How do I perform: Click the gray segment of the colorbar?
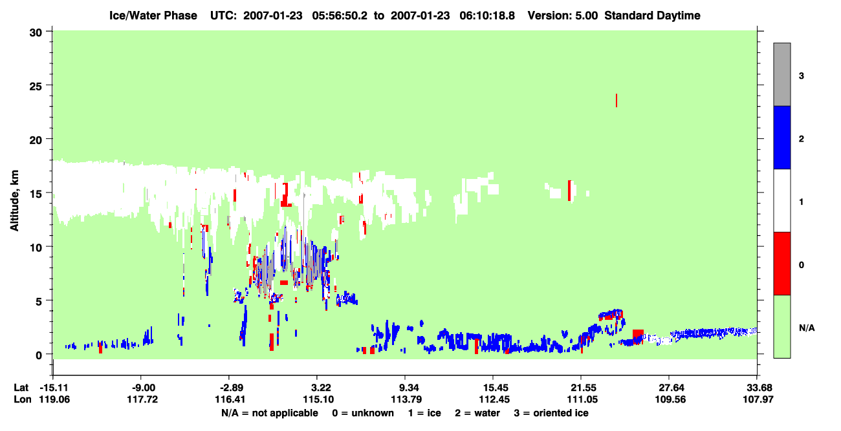tap(781, 74)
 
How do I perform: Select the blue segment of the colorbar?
tap(781, 137)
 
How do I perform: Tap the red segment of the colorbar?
tap(781, 264)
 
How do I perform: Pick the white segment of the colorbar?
tap(781, 200)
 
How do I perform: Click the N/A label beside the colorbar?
tap(807, 328)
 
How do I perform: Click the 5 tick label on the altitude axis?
tap(39, 301)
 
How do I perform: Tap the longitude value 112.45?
tap(494, 399)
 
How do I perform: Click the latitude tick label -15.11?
tap(54, 388)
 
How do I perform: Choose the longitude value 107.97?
tap(758, 399)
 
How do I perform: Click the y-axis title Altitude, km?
tap(14, 201)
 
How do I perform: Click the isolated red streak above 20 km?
tap(617, 100)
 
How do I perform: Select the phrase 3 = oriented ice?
tap(551, 413)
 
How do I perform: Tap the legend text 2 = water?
tap(477, 413)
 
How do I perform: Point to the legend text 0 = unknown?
tap(363, 413)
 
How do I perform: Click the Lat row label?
tap(21, 388)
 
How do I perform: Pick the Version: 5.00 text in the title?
tap(562, 16)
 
